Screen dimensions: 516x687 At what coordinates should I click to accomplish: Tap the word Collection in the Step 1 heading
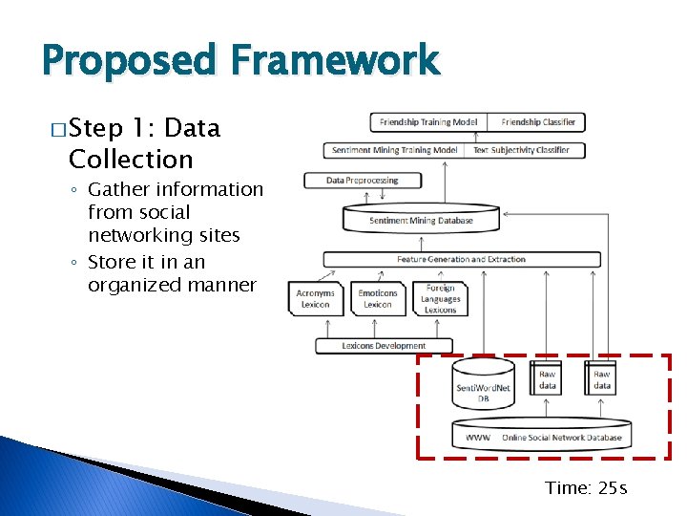[132, 160]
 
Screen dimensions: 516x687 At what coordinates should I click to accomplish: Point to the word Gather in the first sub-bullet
[120, 190]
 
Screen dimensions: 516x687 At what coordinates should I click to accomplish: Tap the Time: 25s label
[586, 488]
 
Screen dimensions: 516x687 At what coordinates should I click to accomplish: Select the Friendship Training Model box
[429, 122]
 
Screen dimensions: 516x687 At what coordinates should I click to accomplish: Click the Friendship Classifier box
[538, 122]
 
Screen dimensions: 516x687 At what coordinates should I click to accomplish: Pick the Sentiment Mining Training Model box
[395, 150]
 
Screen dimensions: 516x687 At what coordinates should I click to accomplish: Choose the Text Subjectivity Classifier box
[521, 150]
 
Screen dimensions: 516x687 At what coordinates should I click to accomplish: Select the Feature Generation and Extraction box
[461, 259]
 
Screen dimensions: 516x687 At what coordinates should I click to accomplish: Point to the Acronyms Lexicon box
[315, 298]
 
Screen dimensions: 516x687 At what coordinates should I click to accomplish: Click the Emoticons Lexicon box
[378, 298]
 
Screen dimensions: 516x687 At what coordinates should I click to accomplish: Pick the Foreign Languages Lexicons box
[441, 298]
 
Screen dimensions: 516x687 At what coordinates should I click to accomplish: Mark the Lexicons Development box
[384, 346]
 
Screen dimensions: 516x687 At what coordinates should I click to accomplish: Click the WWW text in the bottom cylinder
[478, 438]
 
